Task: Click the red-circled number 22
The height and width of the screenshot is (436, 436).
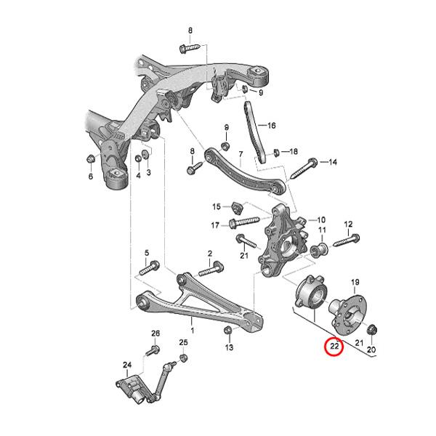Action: [334, 346]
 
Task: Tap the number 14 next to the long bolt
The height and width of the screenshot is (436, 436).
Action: [333, 162]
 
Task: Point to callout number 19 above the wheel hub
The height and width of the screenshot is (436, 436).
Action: [355, 282]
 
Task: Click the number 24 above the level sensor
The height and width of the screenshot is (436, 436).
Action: [127, 365]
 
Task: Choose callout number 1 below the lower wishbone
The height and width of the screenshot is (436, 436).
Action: [192, 331]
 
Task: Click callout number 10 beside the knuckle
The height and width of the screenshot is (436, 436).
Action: [321, 220]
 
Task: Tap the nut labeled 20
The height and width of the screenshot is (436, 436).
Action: [371, 330]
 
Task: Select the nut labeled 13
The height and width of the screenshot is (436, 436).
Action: [228, 330]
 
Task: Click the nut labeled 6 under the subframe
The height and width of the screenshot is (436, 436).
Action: [90, 159]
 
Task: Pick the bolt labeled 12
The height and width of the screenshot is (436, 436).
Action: [347, 241]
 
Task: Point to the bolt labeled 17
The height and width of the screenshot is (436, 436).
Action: [244, 222]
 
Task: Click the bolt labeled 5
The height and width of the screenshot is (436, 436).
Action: [149, 267]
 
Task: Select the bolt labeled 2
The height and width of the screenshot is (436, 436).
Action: [211, 269]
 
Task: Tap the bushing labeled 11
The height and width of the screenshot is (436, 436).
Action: [319, 249]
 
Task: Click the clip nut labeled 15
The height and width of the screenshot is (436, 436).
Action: [237, 208]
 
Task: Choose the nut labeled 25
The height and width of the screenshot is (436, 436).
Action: [183, 358]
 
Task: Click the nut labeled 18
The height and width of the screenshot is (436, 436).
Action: [276, 153]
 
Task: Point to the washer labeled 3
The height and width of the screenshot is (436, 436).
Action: [145, 154]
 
